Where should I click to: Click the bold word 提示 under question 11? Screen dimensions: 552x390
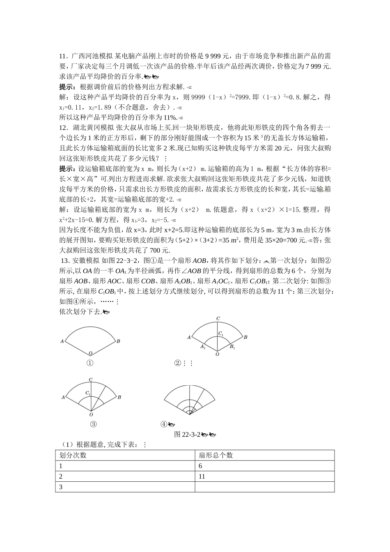[67, 87]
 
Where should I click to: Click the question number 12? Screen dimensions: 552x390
[63, 128]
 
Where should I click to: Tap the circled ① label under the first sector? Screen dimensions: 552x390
[90, 363]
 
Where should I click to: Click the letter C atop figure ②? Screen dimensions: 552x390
[218, 319]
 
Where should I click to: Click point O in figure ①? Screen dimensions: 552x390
[90, 354]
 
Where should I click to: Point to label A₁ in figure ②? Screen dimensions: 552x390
[202, 347]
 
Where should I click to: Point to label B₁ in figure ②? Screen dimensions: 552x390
[232, 347]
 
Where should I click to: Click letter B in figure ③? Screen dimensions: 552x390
[119, 397]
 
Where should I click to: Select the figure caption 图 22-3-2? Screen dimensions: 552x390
[187, 435]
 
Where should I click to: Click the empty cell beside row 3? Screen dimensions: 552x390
[264, 487]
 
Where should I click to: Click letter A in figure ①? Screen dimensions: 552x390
[62, 341]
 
